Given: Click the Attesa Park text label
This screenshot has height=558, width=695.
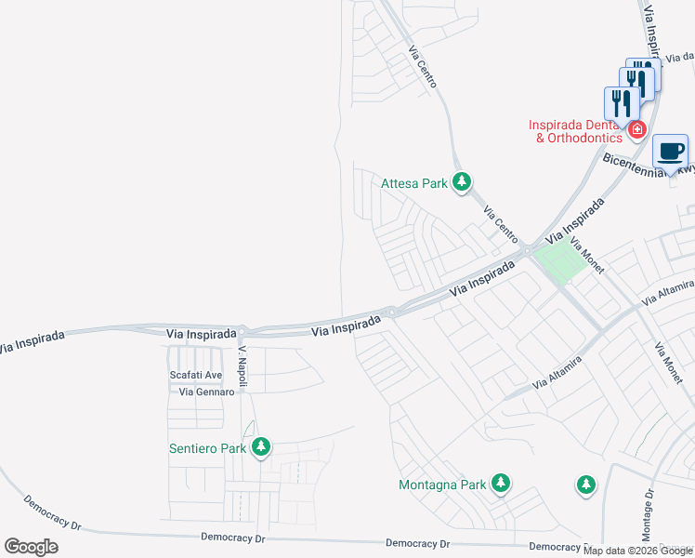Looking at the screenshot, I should (414, 183).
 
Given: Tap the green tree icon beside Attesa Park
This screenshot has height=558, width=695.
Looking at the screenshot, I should (462, 182).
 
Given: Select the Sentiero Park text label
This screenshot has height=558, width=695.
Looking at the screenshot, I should (207, 448).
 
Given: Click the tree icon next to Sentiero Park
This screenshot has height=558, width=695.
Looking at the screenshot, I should (261, 448).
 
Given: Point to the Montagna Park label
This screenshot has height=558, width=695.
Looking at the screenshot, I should (442, 485).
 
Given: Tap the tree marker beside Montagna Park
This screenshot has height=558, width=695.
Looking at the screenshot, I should (501, 483).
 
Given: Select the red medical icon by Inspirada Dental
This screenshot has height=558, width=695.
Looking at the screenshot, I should (637, 129).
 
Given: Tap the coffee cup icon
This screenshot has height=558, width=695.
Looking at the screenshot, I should (671, 151).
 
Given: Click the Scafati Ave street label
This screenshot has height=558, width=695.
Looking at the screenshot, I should (195, 375).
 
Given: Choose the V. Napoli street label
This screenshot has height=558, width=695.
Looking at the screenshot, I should (243, 362).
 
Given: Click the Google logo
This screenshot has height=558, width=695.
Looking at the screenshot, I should (31, 546).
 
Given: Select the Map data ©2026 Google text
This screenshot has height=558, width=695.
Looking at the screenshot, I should (637, 551).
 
